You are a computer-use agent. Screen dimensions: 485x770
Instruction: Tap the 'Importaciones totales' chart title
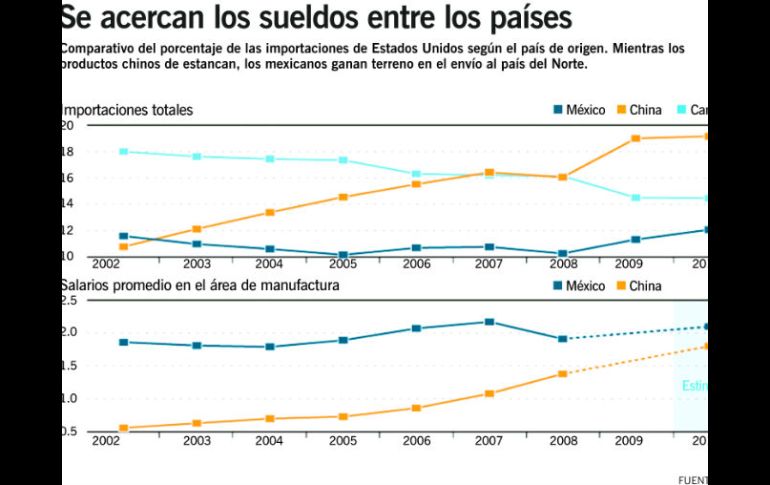[127, 110]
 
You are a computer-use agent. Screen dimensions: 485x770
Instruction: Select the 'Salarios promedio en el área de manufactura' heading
[200, 286]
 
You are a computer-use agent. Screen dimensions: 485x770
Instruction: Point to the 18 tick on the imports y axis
[67, 152]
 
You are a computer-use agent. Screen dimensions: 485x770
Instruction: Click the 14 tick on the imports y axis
[67, 204]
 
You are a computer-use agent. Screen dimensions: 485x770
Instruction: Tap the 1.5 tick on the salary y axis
[67, 366]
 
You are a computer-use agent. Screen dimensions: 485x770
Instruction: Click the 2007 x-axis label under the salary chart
[489, 439]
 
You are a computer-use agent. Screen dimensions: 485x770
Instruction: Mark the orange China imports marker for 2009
[636, 138]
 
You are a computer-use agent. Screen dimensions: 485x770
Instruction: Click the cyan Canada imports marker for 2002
[123, 151]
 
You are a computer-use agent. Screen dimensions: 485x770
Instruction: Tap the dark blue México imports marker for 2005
[343, 255]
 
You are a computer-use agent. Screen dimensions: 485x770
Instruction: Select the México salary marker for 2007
[489, 322]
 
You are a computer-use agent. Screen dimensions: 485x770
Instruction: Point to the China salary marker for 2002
[123, 428]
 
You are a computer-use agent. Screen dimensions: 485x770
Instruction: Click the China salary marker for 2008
[563, 374]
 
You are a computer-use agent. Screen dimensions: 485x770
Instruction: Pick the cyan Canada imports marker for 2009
[636, 197]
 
